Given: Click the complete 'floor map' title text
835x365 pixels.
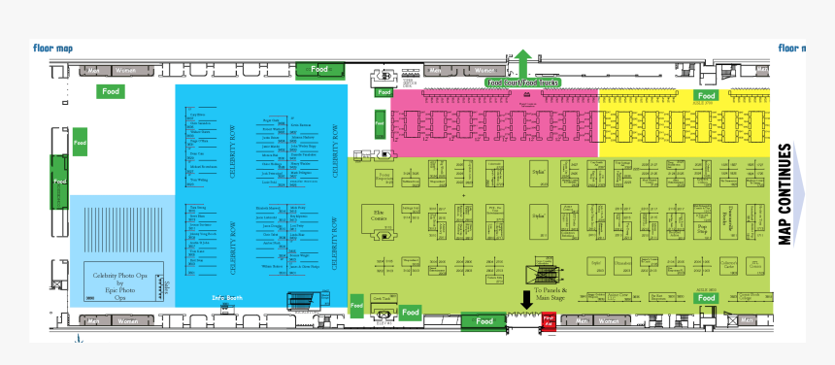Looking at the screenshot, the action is click(53, 47).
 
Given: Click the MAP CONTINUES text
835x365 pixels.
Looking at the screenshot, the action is click(785, 194).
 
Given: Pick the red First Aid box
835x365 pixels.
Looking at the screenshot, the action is click(548, 319).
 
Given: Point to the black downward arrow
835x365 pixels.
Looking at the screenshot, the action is click(527, 298).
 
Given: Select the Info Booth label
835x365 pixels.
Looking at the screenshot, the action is click(226, 297).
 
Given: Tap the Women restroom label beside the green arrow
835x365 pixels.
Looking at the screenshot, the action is click(481, 70).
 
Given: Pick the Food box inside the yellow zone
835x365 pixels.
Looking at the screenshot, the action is click(706, 96).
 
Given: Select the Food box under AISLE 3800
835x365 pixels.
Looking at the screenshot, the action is click(706, 298).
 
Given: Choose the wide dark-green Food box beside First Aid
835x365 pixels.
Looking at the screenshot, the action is click(484, 320).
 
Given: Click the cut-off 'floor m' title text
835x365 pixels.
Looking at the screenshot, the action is click(792, 47).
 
